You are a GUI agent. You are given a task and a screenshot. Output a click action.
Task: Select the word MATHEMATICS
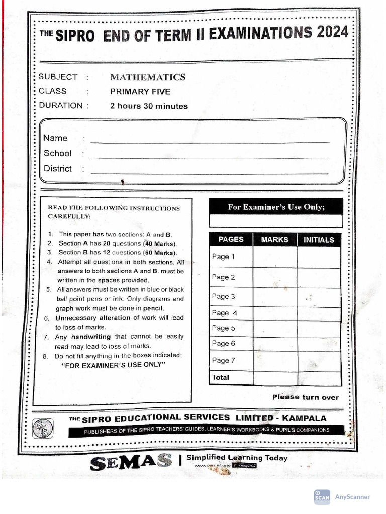[148, 77]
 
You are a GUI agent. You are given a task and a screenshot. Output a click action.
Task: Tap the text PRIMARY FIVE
[140, 92]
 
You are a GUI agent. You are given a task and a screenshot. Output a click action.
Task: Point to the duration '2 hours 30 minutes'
[149, 106]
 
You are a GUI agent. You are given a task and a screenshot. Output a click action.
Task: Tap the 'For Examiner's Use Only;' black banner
[276, 207]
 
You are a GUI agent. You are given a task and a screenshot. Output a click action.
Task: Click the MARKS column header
[274, 240]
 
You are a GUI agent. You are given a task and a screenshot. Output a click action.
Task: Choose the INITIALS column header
[319, 240]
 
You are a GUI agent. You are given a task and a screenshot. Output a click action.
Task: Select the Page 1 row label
[224, 257]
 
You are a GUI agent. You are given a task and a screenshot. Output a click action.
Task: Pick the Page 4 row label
[224, 313]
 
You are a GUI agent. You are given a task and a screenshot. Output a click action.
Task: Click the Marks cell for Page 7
[275, 360]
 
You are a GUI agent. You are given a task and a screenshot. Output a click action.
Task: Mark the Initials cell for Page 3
[319, 297]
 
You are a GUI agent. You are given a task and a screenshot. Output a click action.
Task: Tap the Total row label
[221, 377]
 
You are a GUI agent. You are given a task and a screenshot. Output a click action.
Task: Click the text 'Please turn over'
[306, 397]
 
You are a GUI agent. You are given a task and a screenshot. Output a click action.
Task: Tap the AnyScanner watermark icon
[322, 497]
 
